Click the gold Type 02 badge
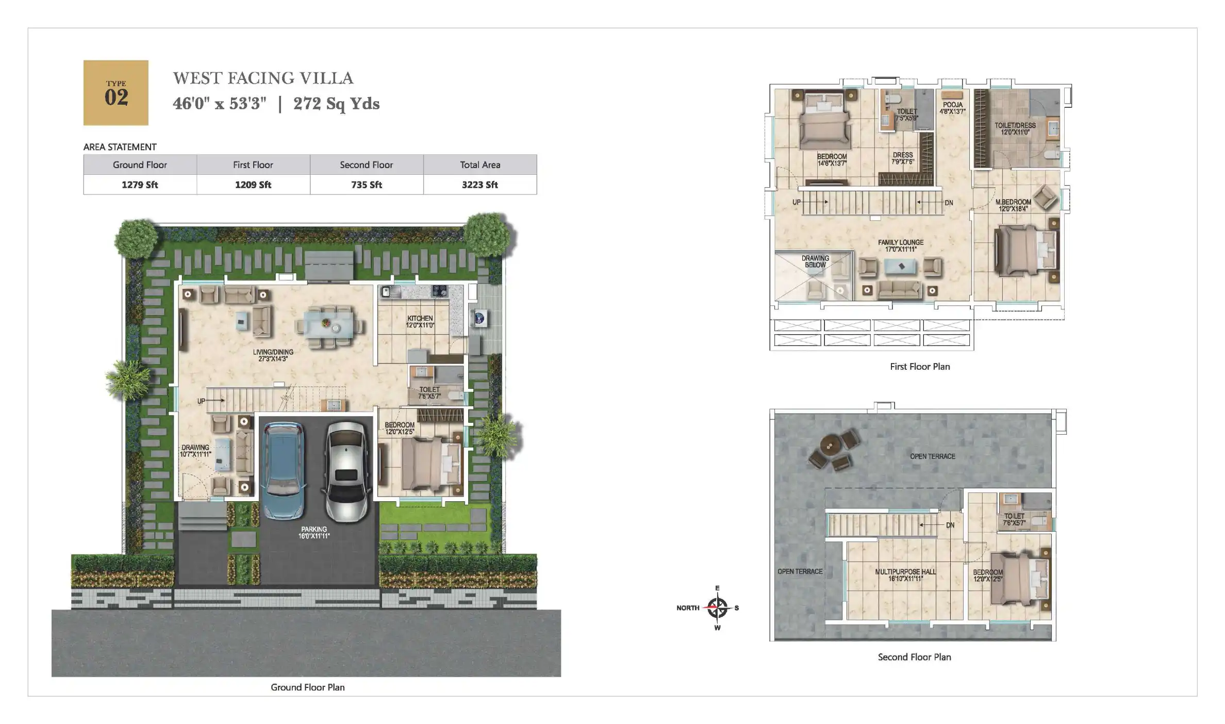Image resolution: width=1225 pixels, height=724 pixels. pyautogui.click(x=116, y=93)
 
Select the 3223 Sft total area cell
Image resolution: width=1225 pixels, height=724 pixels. pyautogui.click(x=479, y=185)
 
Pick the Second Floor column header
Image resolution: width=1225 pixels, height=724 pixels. pyautogui.click(x=366, y=165)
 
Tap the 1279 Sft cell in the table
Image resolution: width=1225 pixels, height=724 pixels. pyautogui.click(x=140, y=185)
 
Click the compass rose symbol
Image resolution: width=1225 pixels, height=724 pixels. pyautogui.click(x=717, y=608)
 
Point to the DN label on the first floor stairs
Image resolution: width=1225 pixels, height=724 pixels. pyautogui.click(x=949, y=203)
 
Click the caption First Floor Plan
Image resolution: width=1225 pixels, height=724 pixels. pyautogui.click(x=920, y=367)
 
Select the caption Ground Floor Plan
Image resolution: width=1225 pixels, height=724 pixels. pyautogui.click(x=308, y=687)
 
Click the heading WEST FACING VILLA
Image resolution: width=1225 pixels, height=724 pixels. pyautogui.click(x=263, y=78)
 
